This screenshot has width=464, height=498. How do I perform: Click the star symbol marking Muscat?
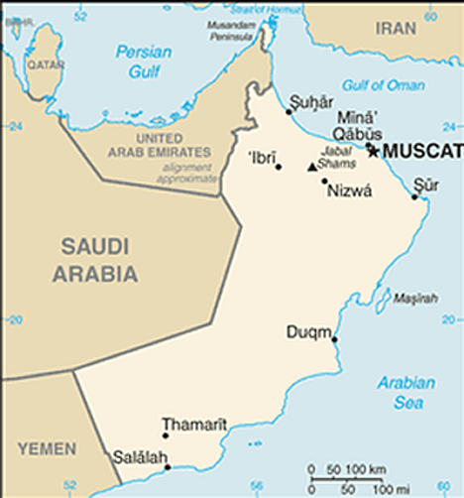point(372,151)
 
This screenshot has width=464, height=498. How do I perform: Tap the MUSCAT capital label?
point(421,151)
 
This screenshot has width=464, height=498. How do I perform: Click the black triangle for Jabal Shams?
point(313,168)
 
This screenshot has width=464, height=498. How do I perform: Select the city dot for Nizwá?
point(324,181)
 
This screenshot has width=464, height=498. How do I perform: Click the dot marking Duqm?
point(334,339)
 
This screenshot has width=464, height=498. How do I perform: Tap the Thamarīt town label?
point(194,425)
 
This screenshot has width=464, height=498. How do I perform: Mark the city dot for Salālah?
point(168,467)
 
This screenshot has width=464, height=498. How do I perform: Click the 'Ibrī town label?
point(261,157)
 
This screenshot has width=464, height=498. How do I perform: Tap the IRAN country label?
point(396,29)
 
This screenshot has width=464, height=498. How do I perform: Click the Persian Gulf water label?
point(145,62)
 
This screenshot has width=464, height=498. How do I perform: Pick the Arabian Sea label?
point(406,393)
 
